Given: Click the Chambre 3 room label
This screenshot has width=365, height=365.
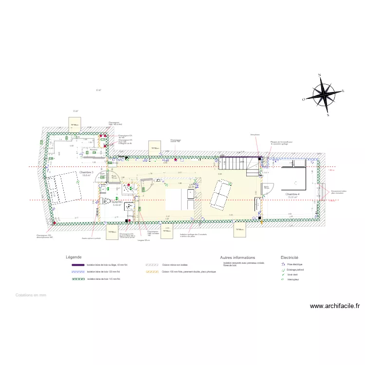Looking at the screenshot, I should (x=86, y=172).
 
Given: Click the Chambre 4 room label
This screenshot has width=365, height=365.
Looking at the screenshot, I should (x=292, y=194).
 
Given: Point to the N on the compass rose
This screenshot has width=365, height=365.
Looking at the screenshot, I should (x=320, y=75).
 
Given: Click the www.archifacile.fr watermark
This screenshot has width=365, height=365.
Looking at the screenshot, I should (x=335, y=306).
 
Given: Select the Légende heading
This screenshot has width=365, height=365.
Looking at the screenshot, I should (x=74, y=257).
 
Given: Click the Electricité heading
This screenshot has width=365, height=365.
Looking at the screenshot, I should (x=290, y=257).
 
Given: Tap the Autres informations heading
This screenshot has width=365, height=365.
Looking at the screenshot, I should (x=237, y=257).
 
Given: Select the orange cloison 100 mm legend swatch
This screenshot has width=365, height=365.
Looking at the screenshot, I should (x=153, y=272).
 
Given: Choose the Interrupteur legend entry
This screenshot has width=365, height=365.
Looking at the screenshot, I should (x=292, y=280).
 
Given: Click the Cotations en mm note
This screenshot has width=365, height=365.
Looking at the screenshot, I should (x=31, y=295).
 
